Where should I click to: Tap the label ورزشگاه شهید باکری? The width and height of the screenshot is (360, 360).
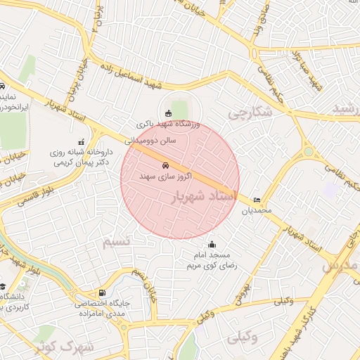[169, 124]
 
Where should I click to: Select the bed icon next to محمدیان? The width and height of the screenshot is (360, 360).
[256, 200]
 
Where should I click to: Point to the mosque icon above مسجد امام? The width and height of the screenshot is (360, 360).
[212, 245]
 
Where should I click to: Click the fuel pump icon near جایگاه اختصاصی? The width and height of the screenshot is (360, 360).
[103, 293]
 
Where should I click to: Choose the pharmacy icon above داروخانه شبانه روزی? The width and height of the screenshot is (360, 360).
[82, 141]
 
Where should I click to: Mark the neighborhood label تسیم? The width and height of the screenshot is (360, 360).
[117, 242]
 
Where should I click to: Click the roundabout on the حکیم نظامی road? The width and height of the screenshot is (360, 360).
[308, 151]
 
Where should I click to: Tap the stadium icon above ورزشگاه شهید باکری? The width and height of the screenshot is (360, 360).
[167, 113]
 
